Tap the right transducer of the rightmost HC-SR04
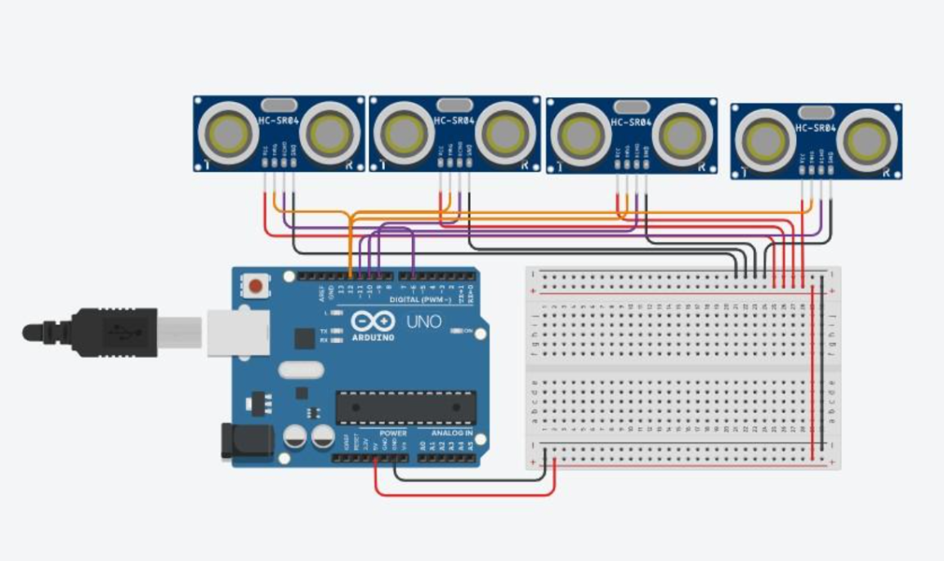click(869, 139)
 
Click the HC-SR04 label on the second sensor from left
click(454, 121)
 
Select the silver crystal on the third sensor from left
click(631, 106)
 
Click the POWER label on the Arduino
click(393, 433)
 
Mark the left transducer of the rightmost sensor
click(767, 140)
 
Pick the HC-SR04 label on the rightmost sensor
click(815, 127)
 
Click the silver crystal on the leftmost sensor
click(279, 105)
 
